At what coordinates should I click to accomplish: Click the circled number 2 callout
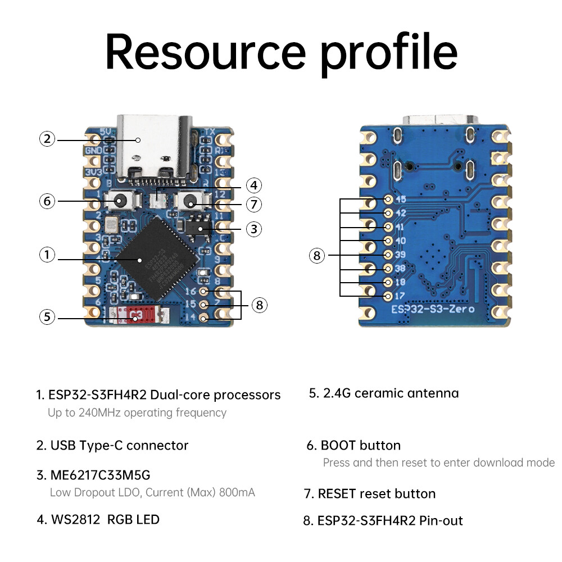47,139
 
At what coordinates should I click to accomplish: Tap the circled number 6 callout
47,201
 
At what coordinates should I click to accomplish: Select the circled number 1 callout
47,255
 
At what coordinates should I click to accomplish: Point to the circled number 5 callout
47,317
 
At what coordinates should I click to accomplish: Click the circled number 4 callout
254,185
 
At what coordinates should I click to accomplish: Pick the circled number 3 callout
254,229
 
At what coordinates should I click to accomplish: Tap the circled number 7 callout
254,203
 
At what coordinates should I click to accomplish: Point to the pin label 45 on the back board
401,200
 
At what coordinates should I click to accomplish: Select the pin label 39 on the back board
401,254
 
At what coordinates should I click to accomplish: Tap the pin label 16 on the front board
191,291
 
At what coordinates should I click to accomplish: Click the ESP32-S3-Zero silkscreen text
433,309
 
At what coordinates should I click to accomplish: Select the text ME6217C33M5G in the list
100,475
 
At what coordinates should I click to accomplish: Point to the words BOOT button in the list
360,446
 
